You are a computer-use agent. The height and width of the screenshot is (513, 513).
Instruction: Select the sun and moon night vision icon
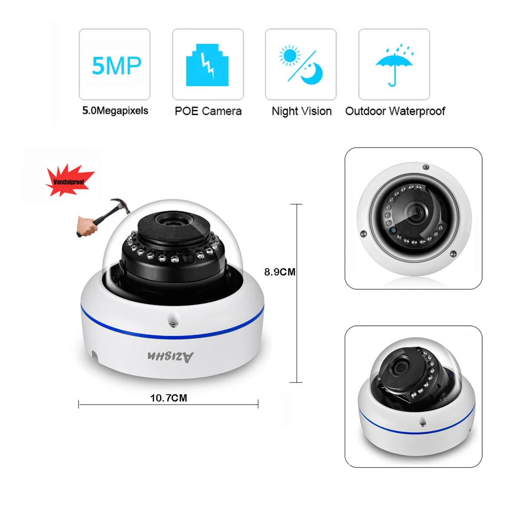click(x=300, y=65)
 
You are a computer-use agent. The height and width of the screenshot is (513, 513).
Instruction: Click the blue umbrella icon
click(x=393, y=65)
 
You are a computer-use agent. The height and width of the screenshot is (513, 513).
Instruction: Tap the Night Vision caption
click(x=301, y=111)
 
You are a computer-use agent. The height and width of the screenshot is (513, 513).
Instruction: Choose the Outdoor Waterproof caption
click(x=395, y=111)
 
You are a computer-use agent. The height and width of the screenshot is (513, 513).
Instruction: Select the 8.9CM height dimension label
click(x=280, y=272)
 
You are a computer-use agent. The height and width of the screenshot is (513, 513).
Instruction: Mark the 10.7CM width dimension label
click(x=168, y=397)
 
